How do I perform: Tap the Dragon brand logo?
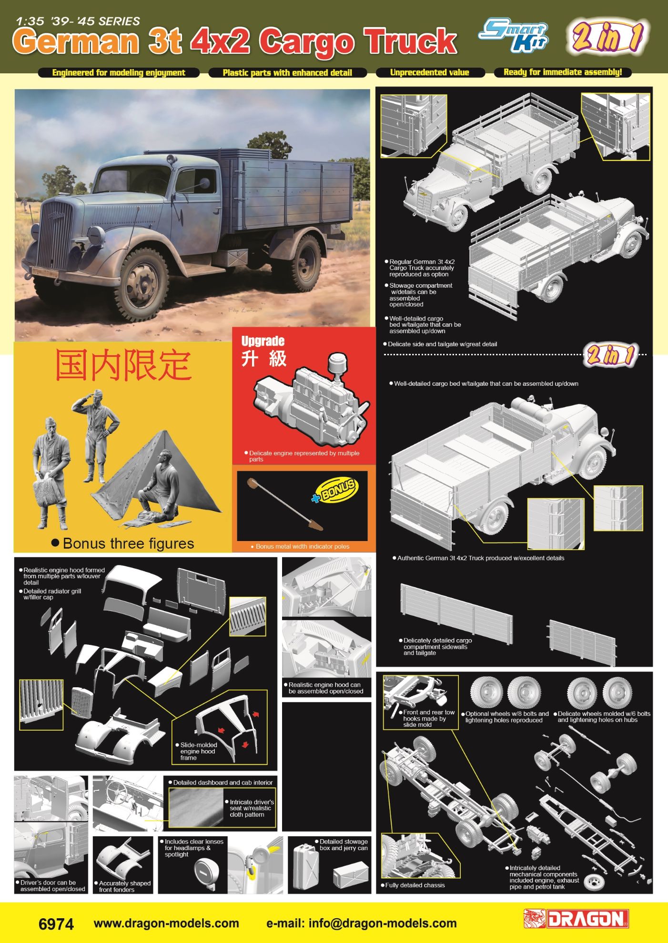coord(576,919)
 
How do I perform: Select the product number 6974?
coord(56,924)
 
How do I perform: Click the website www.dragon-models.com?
coord(166,923)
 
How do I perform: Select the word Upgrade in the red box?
coord(263,341)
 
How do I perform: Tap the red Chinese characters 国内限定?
coord(123,365)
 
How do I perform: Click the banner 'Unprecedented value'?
coord(430,72)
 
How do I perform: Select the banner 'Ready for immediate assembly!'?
coord(563,72)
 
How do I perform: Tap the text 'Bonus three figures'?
coord(129,543)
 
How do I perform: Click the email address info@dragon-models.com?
coord(361,923)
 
